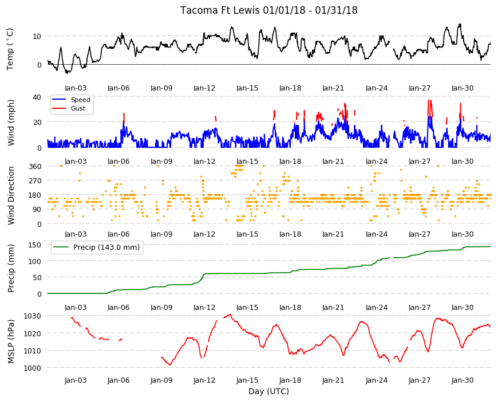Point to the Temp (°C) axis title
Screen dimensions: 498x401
pyautogui.click(x=10, y=49)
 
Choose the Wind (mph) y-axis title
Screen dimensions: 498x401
pyautogui.click(x=11, y=123)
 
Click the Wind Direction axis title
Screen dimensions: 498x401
pyautogui.click(x=11, y=196)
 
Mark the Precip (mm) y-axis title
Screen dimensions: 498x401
pyautogui.click(x=11, y=269)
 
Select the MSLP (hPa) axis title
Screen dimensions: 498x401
pyautogui.click(x=11, y=341)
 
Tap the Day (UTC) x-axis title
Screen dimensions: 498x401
pyautogui.click(x=268, y=391)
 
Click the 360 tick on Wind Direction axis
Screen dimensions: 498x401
pyautogui.click(x=35, y=166)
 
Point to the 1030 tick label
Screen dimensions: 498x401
pyautogui.click(x=33, y=316)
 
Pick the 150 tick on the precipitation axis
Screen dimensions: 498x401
pyautogui.click(x=35, y=245)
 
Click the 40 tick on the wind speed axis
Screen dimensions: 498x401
pyautogui.click(x=37, y=97)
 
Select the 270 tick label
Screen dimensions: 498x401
pyautogui.click(x=35, y=180)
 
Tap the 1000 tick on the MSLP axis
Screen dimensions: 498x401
pyautogui.click(x=33, y=368)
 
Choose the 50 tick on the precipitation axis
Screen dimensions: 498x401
pyautogui.click(x=37, y=277)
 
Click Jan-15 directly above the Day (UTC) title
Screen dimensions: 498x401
pyautogui.click(x=247, y=380)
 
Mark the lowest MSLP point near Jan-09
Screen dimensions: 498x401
pyautogui.click(x=170, y=365)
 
